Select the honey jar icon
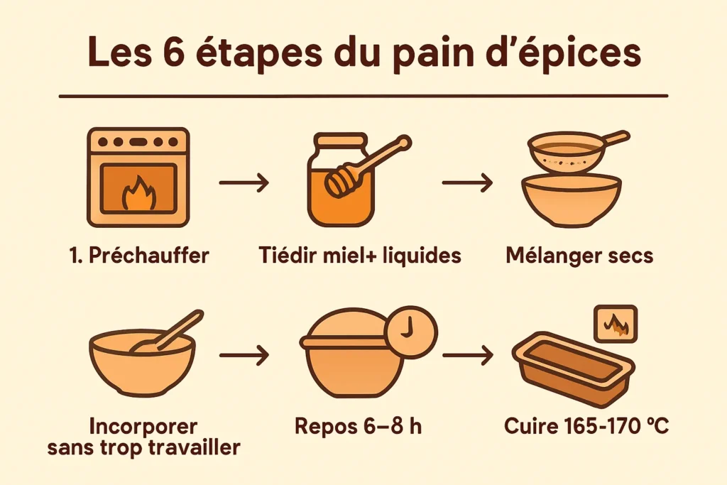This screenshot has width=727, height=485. pyautogui.click(x=340, y=181)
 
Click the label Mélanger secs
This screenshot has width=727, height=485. pyautogui.click(x=579, y=256)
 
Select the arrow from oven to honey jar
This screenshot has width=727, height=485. pyautogui.click(x=244, y=183)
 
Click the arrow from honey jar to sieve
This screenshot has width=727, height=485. pyautogui.click(x=466, y=183)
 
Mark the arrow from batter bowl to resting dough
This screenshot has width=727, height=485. pyautogui.click(x=244, y=355)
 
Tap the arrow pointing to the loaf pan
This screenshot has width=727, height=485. pyautogui.click(x=466, y=355)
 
